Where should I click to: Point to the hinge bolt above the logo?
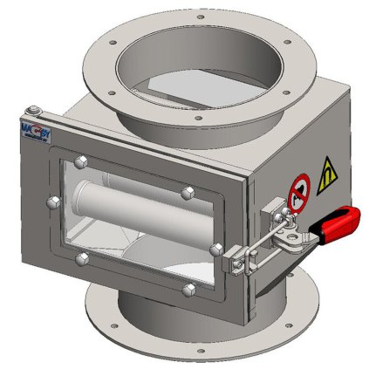tap(32, 110)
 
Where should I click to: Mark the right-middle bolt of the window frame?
tap(215, 249)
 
